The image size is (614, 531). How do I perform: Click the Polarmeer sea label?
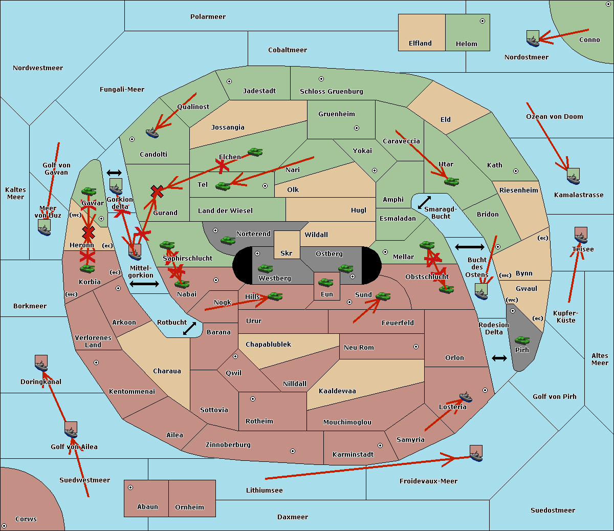(x=208, y=17)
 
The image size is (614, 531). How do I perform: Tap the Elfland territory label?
(x=420, y=44)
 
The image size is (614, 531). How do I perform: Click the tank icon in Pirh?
(x=522, y=341)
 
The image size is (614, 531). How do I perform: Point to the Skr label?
(x=287, y=253)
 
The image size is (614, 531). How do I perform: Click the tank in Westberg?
(x=265, y=269)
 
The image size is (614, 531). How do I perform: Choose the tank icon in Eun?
(x=325, y=283)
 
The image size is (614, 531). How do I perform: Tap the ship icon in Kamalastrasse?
(x=573, y=177)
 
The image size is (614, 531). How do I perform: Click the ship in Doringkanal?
(x=41, y=364)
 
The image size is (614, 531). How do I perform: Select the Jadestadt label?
(x=259, y=91)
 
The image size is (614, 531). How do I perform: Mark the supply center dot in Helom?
(x=482, y=21)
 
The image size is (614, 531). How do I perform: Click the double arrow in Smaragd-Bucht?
(x=424, y=202)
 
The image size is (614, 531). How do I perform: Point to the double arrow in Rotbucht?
(x=189, y=328)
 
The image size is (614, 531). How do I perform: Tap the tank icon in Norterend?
(x=228, y=240)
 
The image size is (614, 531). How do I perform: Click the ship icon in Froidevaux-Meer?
(x=476, y=454)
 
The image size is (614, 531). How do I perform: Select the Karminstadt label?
(x=353, y=455)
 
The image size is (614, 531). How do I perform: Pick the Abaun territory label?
(x=147, y=507)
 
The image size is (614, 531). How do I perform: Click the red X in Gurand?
(x=157, y=192)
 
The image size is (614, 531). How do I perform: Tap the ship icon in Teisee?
(x=581, y=235)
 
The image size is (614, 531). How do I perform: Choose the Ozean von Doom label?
(x=555, y=117)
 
